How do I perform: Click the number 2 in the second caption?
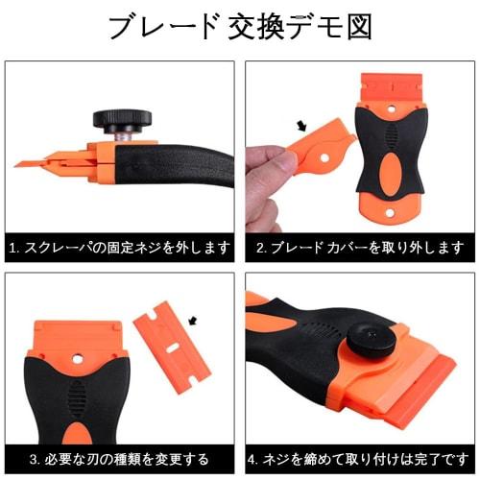(261, 247)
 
